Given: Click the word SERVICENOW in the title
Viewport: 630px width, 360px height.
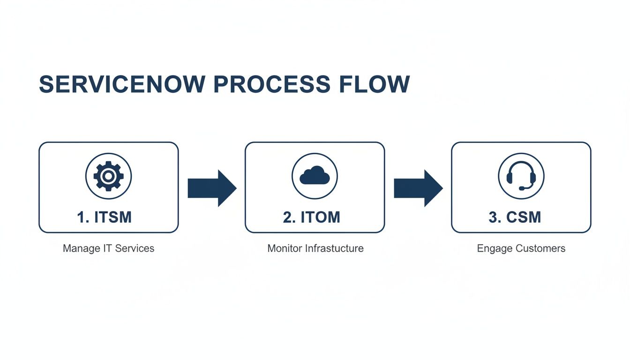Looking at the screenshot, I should click(122, 84).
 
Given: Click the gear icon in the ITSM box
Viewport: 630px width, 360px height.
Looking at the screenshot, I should click(108, 176).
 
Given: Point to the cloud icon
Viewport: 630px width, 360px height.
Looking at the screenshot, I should click(315, 176).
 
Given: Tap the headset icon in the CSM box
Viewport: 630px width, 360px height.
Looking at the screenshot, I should click(521, 176).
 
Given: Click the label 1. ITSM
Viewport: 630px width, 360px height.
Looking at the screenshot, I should click(105, 217).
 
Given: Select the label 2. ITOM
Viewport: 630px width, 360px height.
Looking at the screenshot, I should click(312, 217).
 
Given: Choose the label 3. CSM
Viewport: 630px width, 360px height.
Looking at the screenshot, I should click(515, 217).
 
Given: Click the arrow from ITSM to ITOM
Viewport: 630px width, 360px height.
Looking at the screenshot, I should click(212, 188).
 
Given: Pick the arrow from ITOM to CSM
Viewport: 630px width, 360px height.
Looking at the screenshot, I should click(418, 188).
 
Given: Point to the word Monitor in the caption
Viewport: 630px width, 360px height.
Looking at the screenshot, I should click(285, 248).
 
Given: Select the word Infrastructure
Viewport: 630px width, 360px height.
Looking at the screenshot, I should click(334, 248).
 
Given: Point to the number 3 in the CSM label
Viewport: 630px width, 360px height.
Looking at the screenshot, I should click(493, 217).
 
